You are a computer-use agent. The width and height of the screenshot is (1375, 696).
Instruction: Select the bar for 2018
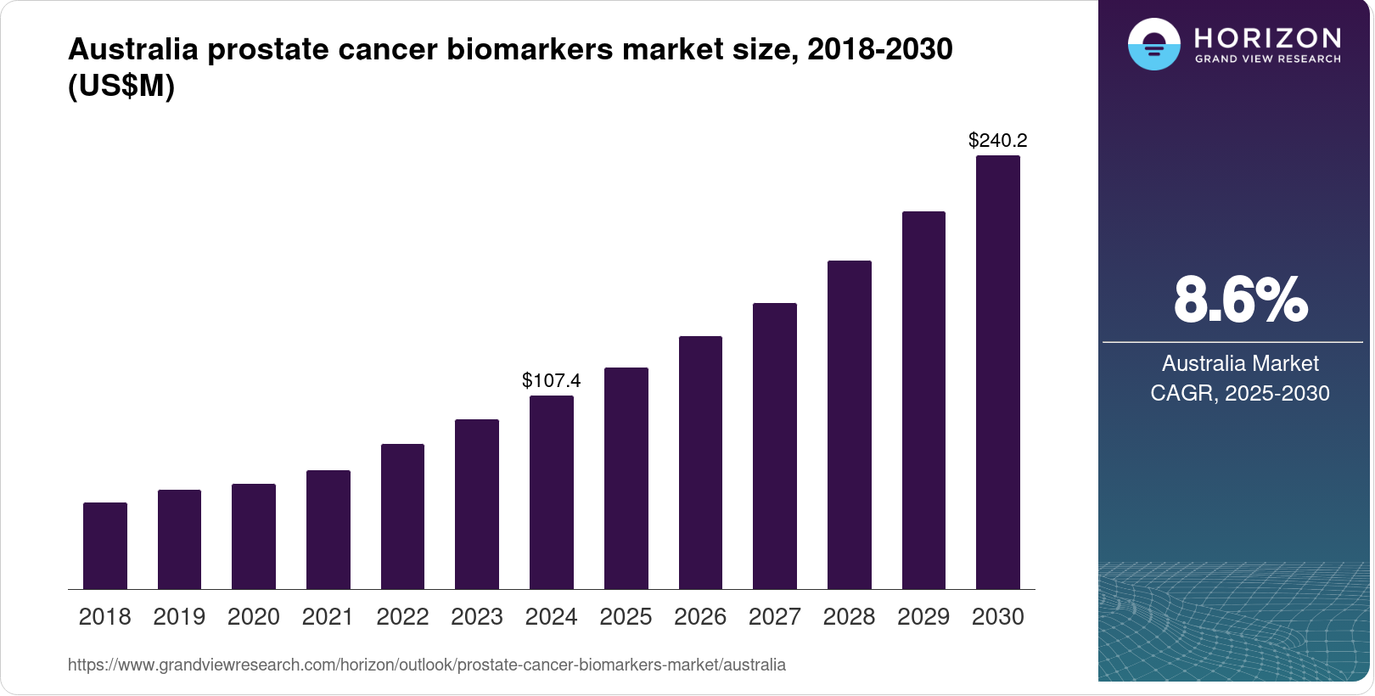tap(105, 546)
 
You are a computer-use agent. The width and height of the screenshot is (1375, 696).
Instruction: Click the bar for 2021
tap(328, 530)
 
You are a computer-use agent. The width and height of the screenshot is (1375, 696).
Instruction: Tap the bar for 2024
tap(552, 492)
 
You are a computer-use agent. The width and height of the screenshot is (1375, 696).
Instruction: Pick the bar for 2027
tap(774, 446)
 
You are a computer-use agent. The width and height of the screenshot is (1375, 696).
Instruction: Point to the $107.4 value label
tap(552, 380)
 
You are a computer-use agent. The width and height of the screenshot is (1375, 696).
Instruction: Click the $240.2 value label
tap(997, 140)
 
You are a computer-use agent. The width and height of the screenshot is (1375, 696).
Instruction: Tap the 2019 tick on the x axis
tap(179, 616)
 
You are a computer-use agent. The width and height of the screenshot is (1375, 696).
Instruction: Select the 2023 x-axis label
tap(477, 616)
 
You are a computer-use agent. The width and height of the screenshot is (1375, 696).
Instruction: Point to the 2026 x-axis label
tap(700, 616)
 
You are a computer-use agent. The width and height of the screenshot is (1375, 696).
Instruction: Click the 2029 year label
tap(923, 616)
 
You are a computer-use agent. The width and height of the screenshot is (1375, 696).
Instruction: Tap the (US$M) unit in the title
tap(121, 86)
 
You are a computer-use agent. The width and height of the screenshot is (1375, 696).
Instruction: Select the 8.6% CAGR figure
tap(1240, 300)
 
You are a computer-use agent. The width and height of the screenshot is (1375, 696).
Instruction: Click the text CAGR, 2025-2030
tap(1240, 393)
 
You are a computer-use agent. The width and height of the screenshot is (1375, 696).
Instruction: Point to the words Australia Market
tap(1240, 363)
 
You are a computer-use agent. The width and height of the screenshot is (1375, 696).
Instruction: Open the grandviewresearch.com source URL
tap(427, 665)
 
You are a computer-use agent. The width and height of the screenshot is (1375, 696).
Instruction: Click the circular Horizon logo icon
tap(1153, 44)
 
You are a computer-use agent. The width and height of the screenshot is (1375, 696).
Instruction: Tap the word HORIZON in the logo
tap(1267, 37)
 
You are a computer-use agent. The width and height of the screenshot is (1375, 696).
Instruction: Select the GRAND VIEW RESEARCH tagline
tap(1267, 59)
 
